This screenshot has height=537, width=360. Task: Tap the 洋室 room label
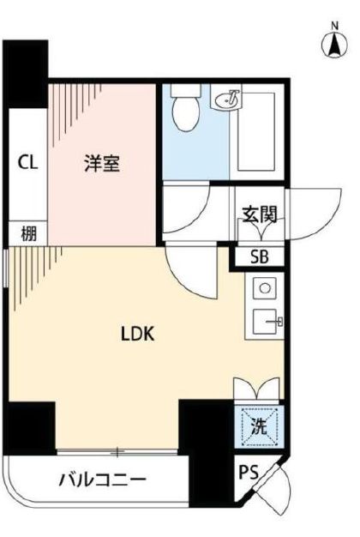pyautogui.click(x=102, y=162)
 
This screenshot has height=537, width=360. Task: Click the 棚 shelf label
pyautogui.click(x=28, y=233)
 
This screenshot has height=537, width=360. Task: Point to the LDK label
pyautogui.click(x=136, y=334)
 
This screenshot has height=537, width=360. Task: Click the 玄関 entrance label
pyautogui.click(x=258, y=213)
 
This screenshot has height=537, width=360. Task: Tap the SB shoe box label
pyautogui.click(x=258, y=255)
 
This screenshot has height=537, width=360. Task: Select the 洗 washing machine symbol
pyautogui.click(x=258, y=425)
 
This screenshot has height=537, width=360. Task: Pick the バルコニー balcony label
pyautogui.click(x=102, y=480)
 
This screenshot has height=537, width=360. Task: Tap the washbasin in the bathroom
pyautogui.click(x=225, y=101)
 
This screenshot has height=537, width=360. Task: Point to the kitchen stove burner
pyautogui.click(x=264, y=287)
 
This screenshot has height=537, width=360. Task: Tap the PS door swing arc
pyautogui.click(x=274, y=489)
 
